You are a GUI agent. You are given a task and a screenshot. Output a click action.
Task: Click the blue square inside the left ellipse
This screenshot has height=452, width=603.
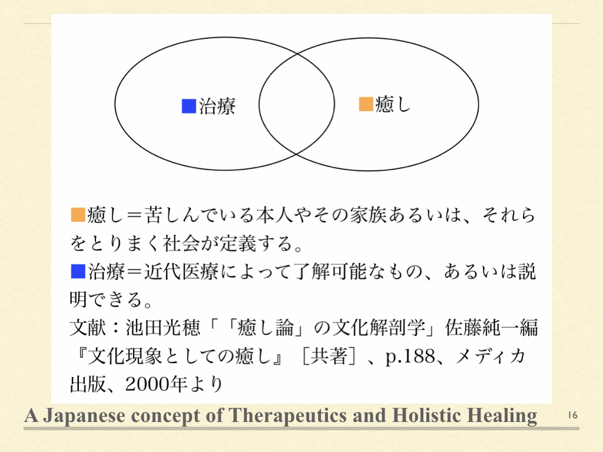coord(189,106)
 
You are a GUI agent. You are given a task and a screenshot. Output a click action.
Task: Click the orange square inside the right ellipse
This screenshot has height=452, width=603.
coord(366,104)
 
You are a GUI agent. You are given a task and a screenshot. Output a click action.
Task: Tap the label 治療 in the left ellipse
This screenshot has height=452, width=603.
coord(217,106)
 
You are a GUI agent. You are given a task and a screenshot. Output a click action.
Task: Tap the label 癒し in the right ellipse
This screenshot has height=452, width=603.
coord(393,104)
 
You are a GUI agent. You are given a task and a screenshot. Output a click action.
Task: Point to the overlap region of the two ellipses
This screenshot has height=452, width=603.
coord(297,104)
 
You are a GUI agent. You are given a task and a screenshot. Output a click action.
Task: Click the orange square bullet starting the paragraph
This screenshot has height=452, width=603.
coord(78,215)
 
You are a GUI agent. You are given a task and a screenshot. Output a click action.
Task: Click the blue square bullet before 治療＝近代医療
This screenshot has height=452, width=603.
coord(78,271)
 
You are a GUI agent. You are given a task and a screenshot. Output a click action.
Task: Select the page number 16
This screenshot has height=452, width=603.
coord(572,416)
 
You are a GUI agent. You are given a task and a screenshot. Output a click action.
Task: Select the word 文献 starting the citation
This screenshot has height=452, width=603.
coord(88,328)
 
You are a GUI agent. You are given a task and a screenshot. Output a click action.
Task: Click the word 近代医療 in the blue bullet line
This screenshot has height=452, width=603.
coord(181,271)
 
